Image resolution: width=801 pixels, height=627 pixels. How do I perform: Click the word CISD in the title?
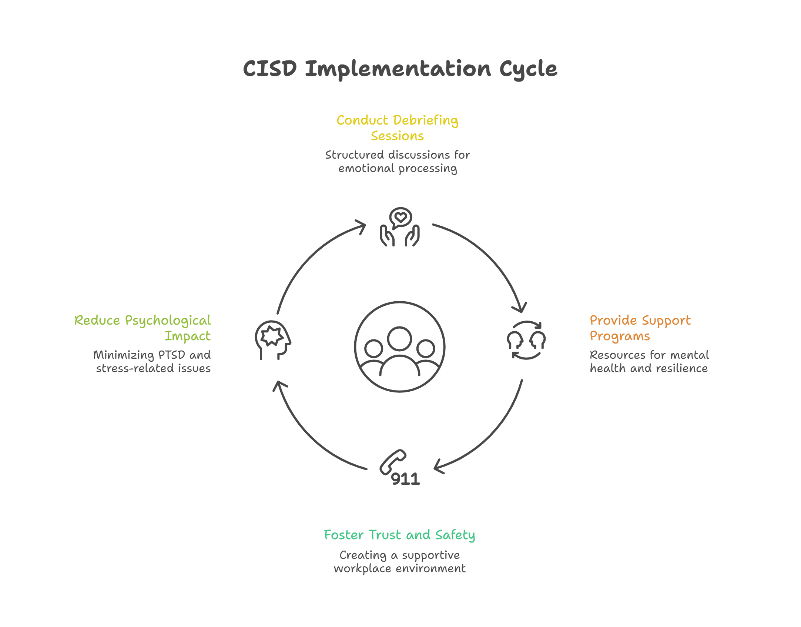(x=270, y=69)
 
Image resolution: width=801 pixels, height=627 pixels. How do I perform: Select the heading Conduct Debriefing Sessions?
(x=397, y=128)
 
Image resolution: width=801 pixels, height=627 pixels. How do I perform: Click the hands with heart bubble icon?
(x=400, y=227)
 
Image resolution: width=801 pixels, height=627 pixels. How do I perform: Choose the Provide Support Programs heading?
(x=640, y=328)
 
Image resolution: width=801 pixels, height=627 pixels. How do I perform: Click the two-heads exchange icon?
(x=526, y=340)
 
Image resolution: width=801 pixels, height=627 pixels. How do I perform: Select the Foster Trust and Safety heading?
(x=399, y=535)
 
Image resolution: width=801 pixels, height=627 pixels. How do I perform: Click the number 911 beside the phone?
(x=406, y=479)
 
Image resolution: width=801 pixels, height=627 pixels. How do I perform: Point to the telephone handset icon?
(x=393, y=461)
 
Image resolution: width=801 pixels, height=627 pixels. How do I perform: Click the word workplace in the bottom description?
(x=362, y=568)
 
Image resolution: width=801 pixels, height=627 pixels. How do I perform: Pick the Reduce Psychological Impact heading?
(x=143, y=328)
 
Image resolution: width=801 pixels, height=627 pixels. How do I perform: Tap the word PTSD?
(x=172, y=355)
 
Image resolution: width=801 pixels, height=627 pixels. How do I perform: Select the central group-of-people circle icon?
(x=399, y=346)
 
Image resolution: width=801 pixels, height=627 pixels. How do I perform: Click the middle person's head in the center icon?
(x=399, y=339)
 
